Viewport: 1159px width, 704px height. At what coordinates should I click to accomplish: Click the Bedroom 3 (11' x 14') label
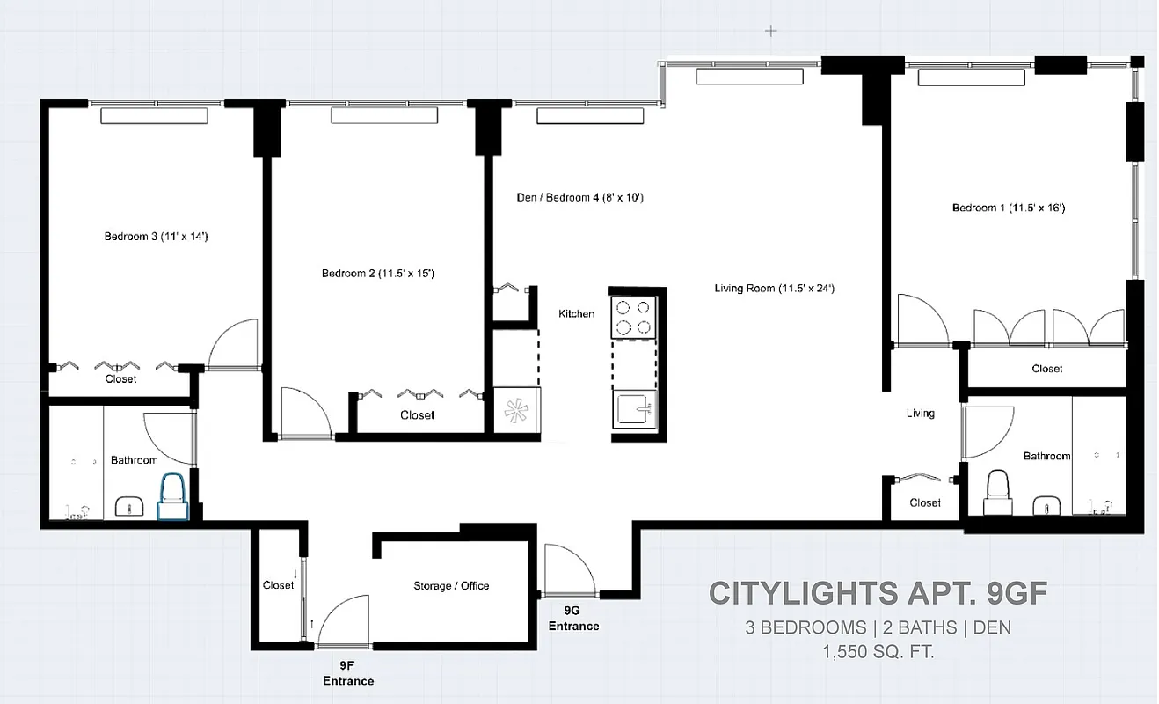click(x=156, y=236)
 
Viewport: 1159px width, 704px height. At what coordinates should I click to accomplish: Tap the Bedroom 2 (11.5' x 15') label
click(x=378, y=274)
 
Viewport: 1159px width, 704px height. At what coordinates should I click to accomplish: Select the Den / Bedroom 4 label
click(x=580, y=198)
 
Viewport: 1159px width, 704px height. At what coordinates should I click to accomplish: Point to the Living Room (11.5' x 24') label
click(x=774, y=288)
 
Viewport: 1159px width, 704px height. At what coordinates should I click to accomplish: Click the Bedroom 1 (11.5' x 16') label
click(x=1009, y=209)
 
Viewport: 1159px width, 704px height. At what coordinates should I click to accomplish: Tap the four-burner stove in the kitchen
click(x=634, y=318)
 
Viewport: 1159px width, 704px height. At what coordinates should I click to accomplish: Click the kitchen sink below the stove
click(x=633, y=410)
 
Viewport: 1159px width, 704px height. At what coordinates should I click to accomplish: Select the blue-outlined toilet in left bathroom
click(x=171, y=498)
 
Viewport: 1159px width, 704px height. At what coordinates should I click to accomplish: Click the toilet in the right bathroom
click(x=998, y=492)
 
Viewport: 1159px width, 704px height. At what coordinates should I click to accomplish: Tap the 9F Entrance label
click(x=348, y=674)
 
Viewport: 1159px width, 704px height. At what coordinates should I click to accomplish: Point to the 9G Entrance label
click(x=574, y=619)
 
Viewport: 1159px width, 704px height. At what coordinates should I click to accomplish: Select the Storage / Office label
click(x=451, y=585)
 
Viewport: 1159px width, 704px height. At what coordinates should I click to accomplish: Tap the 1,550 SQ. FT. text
click(x=878, y=652)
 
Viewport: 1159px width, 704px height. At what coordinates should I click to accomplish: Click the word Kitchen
click(x=576, y=314)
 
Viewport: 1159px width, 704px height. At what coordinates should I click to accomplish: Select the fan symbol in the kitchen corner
click(x=514, y=410)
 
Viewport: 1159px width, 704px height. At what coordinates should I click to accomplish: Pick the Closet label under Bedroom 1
click(x=1046, y=369)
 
